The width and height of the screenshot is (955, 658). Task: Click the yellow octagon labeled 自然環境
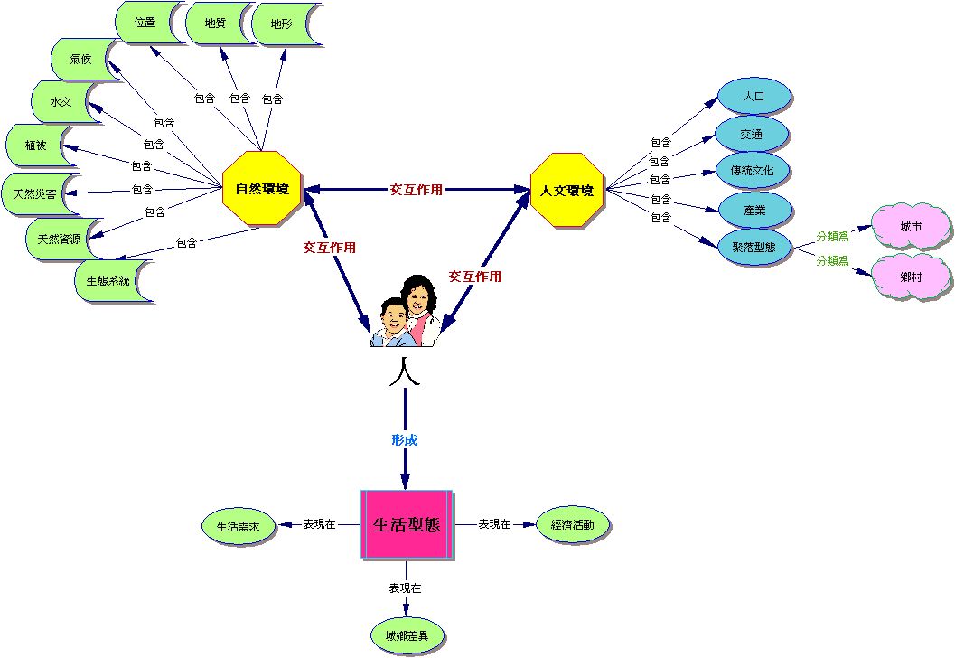(262, 189)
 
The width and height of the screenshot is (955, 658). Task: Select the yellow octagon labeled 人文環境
(566, 190)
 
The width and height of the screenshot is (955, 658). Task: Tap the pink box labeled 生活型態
(406, 524)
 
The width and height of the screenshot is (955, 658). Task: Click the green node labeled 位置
(145, 22)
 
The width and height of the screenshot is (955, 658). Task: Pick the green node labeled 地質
(215, 23)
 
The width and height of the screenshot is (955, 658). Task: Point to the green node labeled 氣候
(81, 59)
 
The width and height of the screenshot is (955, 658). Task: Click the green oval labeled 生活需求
(238, 525)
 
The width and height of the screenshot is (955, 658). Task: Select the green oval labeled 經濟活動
(572, 524)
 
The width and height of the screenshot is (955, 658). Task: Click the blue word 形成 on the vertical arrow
(404, 440)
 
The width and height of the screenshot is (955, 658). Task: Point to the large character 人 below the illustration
(404, 371)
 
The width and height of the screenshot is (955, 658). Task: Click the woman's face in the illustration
(418, 295)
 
